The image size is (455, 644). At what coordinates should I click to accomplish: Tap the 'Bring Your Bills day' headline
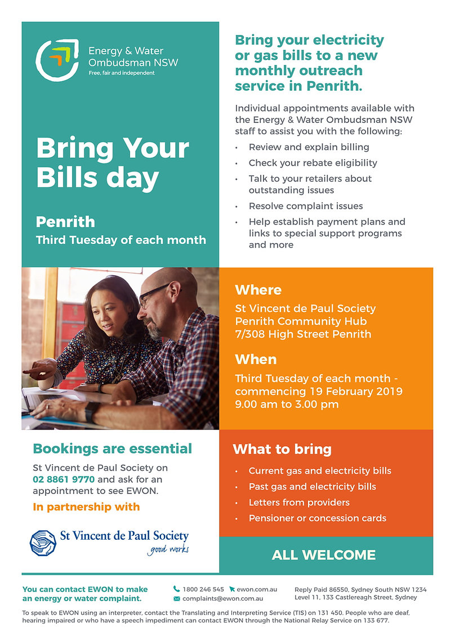point(113,163)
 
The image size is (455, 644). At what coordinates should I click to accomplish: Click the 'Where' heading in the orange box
point(258,290)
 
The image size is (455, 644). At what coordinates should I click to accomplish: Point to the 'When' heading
point(256,359)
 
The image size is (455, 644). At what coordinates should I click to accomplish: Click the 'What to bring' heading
point(282,449)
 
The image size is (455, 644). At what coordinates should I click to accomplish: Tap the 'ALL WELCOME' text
point(324,555)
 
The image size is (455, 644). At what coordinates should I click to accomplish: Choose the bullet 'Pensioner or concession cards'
point(317,518)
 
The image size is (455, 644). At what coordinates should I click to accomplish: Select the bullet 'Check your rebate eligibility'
point(313,163)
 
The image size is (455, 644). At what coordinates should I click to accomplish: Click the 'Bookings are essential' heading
point(113,449)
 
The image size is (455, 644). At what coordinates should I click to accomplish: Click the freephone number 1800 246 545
point(203,589)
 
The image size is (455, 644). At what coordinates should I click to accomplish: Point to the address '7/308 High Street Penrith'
point(303,334)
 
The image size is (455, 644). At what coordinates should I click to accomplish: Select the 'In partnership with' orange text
point(86,507)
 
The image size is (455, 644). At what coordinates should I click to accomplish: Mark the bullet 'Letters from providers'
point(299,502)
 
